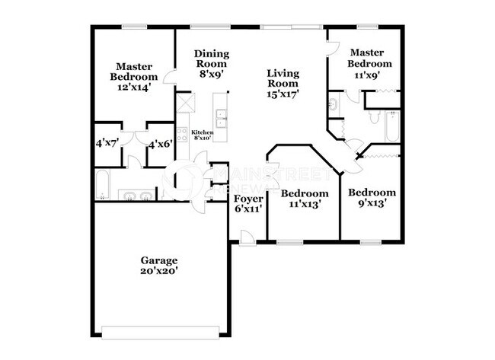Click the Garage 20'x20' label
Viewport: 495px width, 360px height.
click(160, 264)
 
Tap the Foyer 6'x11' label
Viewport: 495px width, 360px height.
click(248, 203)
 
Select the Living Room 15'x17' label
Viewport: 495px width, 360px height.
click(283, 84)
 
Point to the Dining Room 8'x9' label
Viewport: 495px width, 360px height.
click(211, 64)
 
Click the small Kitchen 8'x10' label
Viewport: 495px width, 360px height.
click(202, 135)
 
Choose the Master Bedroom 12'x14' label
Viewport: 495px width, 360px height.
click(133, 76)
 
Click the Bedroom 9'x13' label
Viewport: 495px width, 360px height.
click(372, 197)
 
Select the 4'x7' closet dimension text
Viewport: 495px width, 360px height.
click(105, 143)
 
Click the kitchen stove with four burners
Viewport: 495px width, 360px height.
click(183, 133)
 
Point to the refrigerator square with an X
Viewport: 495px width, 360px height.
click(184, 102)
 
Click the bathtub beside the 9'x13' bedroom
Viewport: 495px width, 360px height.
click(391, 127)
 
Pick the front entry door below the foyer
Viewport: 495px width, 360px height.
click(247, 242)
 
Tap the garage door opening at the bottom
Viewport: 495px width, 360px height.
click(160, 332)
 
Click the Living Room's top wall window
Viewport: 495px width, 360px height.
click(291, 28)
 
